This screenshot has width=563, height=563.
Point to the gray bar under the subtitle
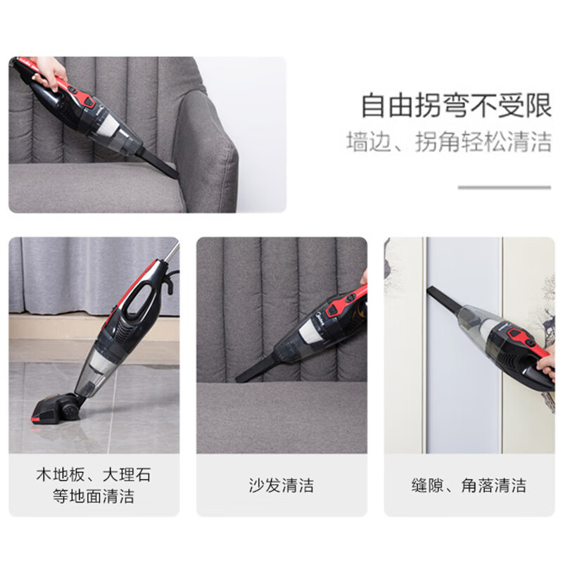point(504,187)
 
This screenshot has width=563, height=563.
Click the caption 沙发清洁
point(281,485)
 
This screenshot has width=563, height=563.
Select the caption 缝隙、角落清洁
point(469,485)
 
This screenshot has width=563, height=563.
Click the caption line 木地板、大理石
point(94,474)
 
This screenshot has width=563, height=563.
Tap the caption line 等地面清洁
point(94,497)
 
